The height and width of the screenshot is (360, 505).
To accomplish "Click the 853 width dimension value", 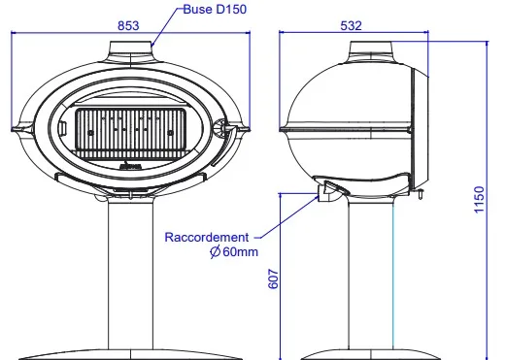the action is pyautogui.click(x=128, y=25).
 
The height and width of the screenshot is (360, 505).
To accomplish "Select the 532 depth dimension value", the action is pyautogui.click(x=351, y=25).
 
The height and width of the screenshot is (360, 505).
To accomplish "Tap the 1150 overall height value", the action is pyautogui.click(x=479, y=199).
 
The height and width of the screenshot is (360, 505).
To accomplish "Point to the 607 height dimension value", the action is pyautogui.click(x=274, y=278).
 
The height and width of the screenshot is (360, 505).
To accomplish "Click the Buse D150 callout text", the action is pyautogui.click(x=215, y=9).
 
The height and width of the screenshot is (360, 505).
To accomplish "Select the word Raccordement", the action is pyautogui.click(x=207, y=237).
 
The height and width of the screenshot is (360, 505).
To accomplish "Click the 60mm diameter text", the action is pyautogui.click(x=241, y=251).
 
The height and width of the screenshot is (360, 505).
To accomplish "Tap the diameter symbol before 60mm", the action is pyautogui.click(x=215, y=251).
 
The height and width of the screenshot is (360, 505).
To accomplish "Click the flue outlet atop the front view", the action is pyautogui.click(x=131, y=49).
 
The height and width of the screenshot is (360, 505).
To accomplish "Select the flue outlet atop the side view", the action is pyautogui.click(x=371, y=49).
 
